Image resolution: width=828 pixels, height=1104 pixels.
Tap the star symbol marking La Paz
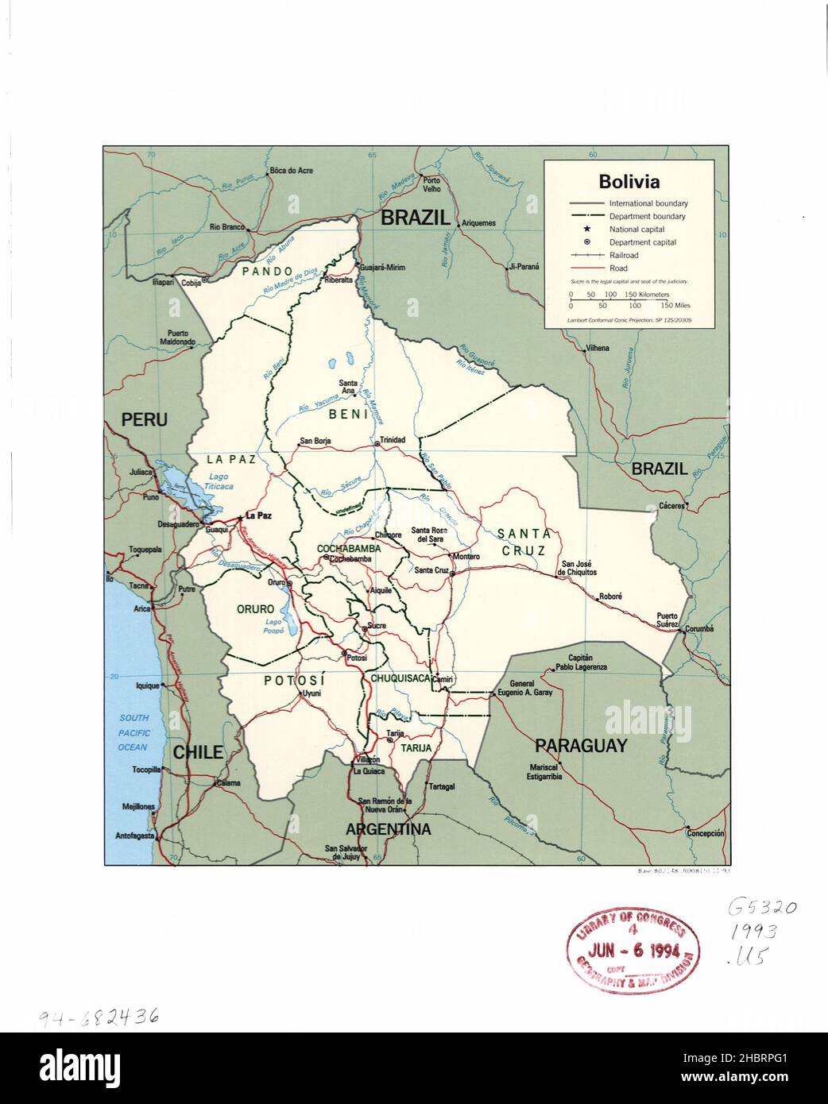(240, 516)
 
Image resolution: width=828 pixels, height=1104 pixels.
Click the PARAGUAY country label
(580, 746)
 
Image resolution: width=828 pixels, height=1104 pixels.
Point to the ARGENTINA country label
(388, 830)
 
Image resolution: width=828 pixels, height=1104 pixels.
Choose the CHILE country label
(198, 752)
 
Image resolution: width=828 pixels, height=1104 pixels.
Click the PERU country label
(144, 419)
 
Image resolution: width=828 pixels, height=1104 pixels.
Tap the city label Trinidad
(392, 440)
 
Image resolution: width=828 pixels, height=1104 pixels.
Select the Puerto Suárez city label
(667, 620)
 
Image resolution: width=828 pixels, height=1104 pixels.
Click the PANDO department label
(268, 272)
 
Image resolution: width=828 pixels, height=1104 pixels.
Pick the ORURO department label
(255, 609)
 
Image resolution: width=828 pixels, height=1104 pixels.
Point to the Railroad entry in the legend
(624, 256)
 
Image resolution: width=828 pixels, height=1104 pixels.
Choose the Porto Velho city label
(431, 184)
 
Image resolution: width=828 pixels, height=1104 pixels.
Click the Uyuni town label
(311, 693)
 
